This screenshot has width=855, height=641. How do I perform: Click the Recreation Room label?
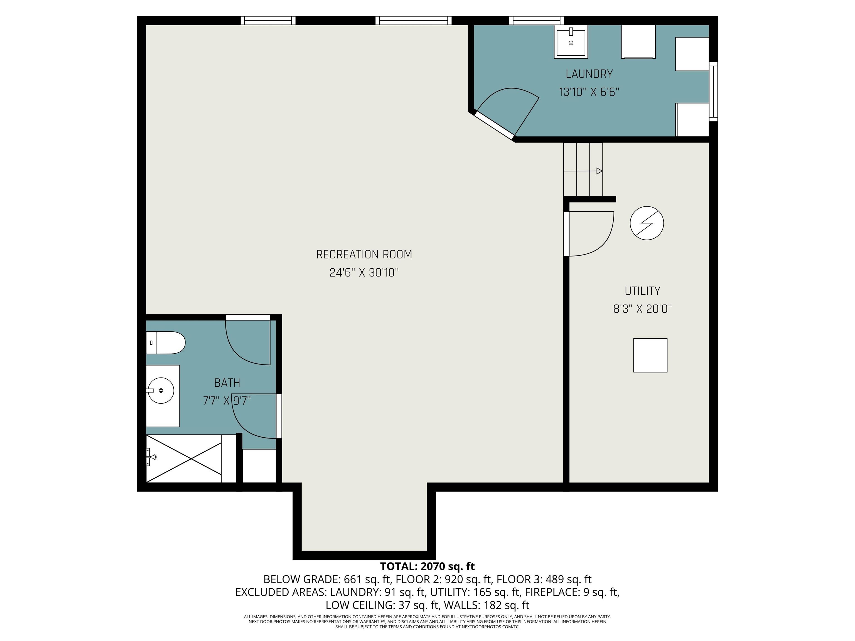pyautogui.click(x=364, y=255)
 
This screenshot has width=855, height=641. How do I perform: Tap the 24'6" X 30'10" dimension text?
pyautogui.click(x=364, y=273)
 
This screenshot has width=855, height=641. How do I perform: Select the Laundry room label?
pyautogui.click(x=589, y=74)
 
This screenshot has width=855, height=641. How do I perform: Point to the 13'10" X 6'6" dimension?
pyautogui.click(x=589, y=92)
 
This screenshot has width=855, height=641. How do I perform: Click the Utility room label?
pyautogui.click(x=642, y=291)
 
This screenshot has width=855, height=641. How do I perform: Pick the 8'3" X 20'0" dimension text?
pyautogui.click(x=642, y=309)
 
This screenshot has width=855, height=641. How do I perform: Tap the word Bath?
pyautogui.click(x=227, y=383)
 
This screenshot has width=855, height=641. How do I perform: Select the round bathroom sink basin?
pyautogui.click(x=161, y=391)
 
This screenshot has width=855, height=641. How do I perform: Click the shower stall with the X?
pyautogui.click(x=184, y=458)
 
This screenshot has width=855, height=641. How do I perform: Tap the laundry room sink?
pyautogui.click(x=571, y=42)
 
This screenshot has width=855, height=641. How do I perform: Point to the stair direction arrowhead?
pyautogui.click(x=600, y=171)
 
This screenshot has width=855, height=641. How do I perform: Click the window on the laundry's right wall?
pyautogui.click(x=714, y=92)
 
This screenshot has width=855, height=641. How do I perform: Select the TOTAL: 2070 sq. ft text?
pyautogui.click(x=427, y=566)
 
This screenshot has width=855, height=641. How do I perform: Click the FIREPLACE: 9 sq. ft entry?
pyautogui.click(x=572, y=592)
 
